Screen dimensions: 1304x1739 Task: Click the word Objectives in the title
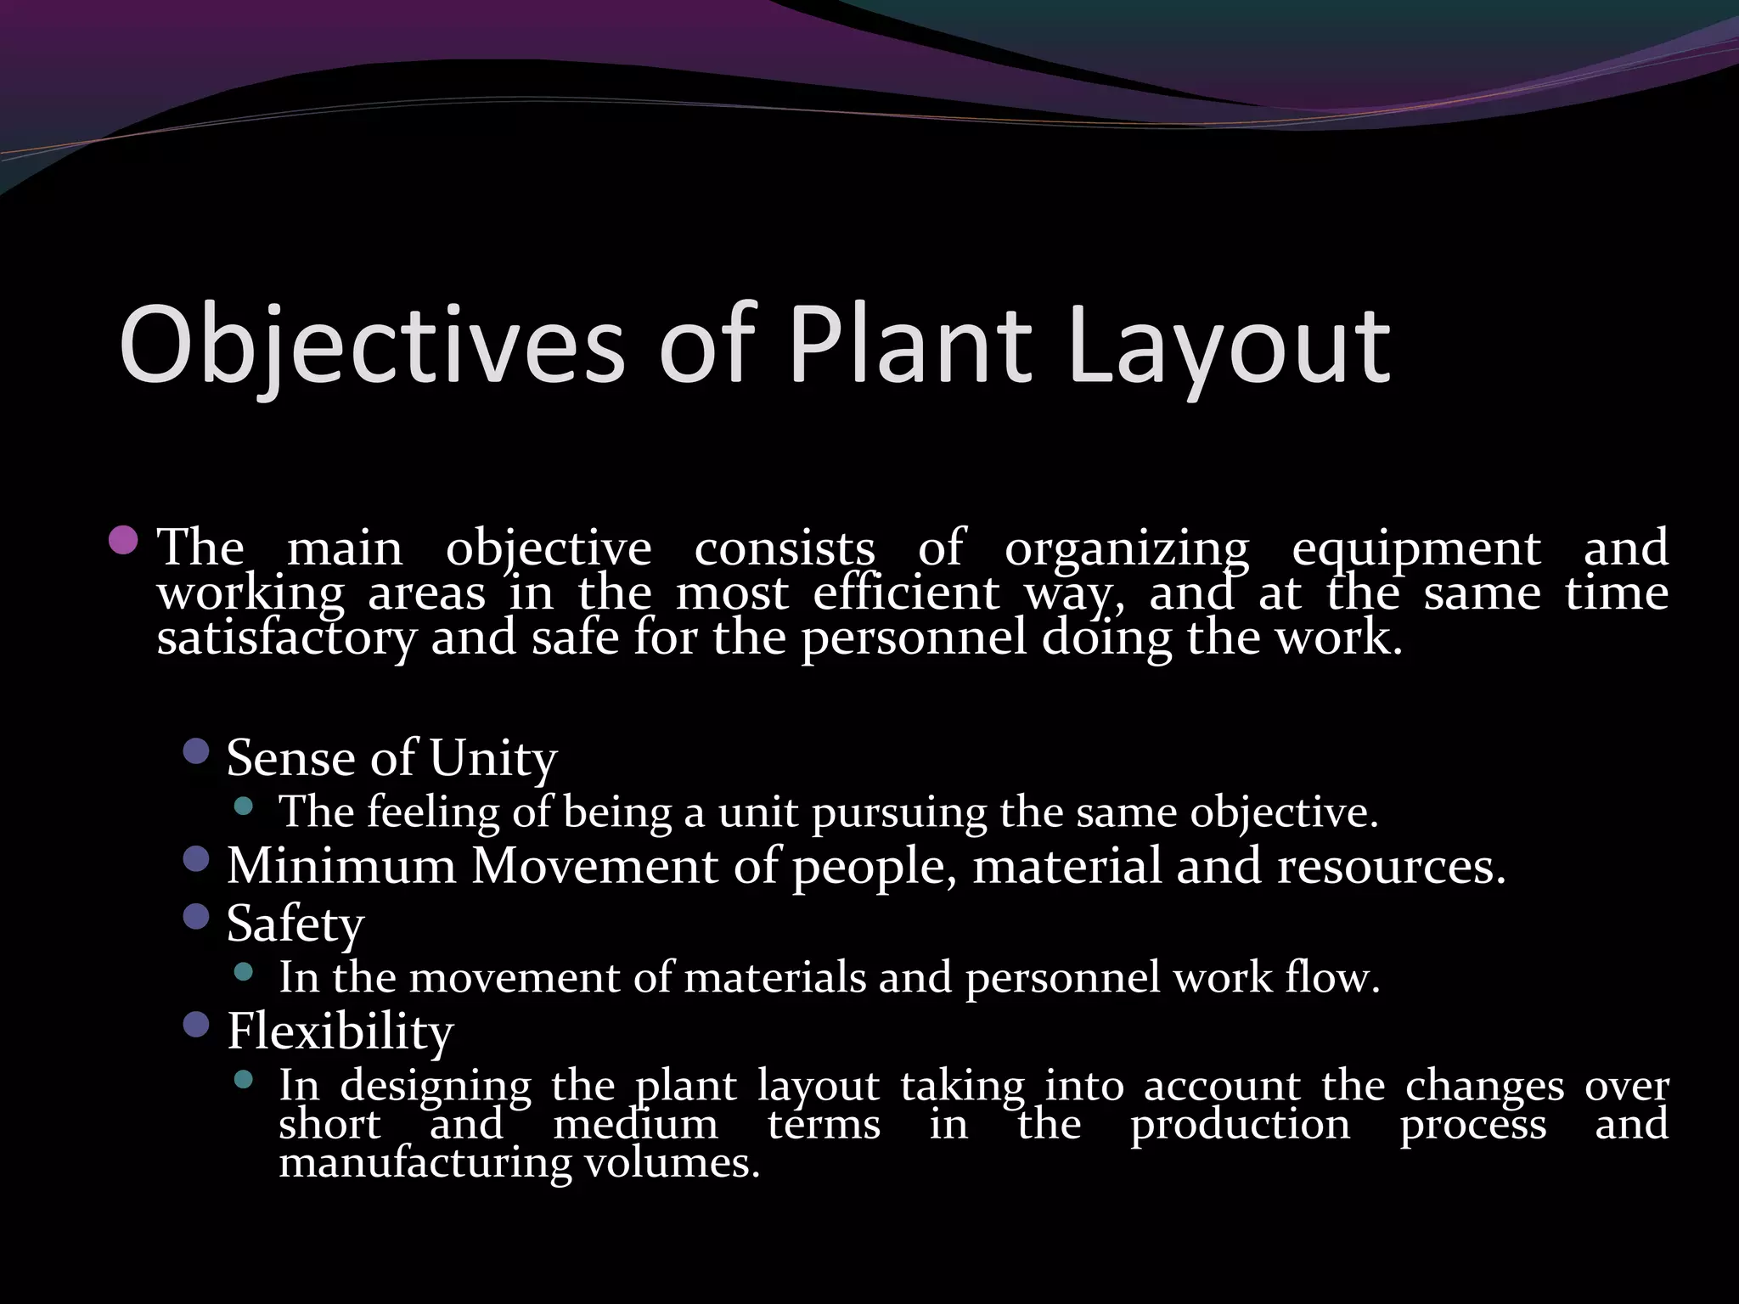tap(371, 346)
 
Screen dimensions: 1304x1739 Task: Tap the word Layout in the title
tap(1230, 346)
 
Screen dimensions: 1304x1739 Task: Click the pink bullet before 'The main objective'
tap(124, 540)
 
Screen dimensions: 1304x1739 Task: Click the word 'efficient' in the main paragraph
tap(905, 593)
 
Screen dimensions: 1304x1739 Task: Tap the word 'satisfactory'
tap(286, 638)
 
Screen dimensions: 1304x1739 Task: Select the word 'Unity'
tap(492, 758)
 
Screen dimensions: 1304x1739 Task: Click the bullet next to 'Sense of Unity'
tap(196, 750)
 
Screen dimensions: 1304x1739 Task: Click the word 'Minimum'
tap(341, 867)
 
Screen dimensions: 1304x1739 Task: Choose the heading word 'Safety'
tap(295, 924)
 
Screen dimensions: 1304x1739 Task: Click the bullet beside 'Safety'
tap(196, 917)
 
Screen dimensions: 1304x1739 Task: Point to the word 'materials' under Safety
tap(774, 978)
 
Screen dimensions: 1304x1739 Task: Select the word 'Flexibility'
tap(340, 1032)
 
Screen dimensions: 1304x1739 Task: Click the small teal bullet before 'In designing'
tap(244, 1080)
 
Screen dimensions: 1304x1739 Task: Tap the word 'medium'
tap(635, 1126)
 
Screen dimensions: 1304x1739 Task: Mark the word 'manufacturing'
tap(425, 1163)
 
